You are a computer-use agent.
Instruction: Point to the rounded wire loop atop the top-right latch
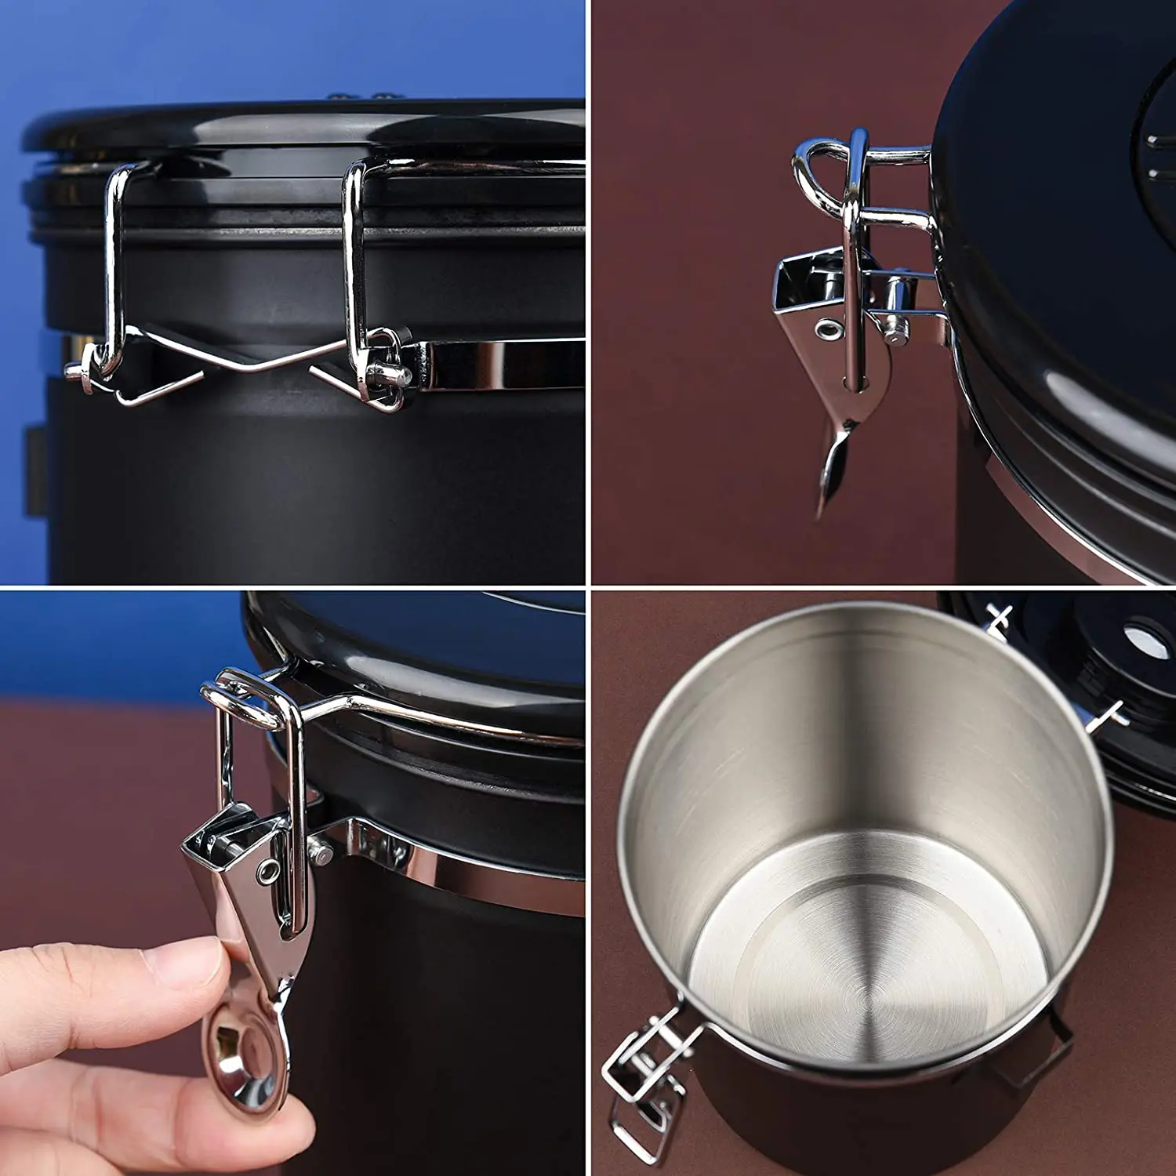(815, 165)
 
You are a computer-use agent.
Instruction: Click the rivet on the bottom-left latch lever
(270, 869)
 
